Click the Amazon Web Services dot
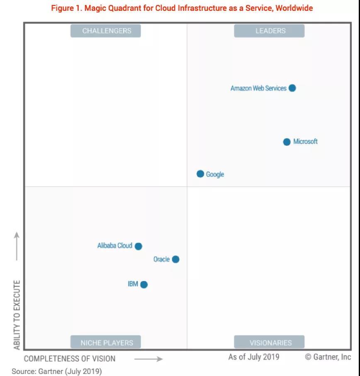(292, 88)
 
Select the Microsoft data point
(287, 142)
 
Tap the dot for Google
(200, 174)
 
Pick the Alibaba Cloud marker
(139, 246)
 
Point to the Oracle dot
(175, 260)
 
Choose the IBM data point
(144, 284)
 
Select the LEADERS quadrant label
(270, 31)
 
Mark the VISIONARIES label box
(270, 342)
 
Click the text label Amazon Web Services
(258, 88)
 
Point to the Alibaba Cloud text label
(114, 246)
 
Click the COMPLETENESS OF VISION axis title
(70, 359)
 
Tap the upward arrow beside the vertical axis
(17, 246)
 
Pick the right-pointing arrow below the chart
(148, 359)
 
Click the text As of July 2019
(253, 357)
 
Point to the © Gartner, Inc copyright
(328, 357)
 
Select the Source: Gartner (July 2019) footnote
(56, 371)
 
